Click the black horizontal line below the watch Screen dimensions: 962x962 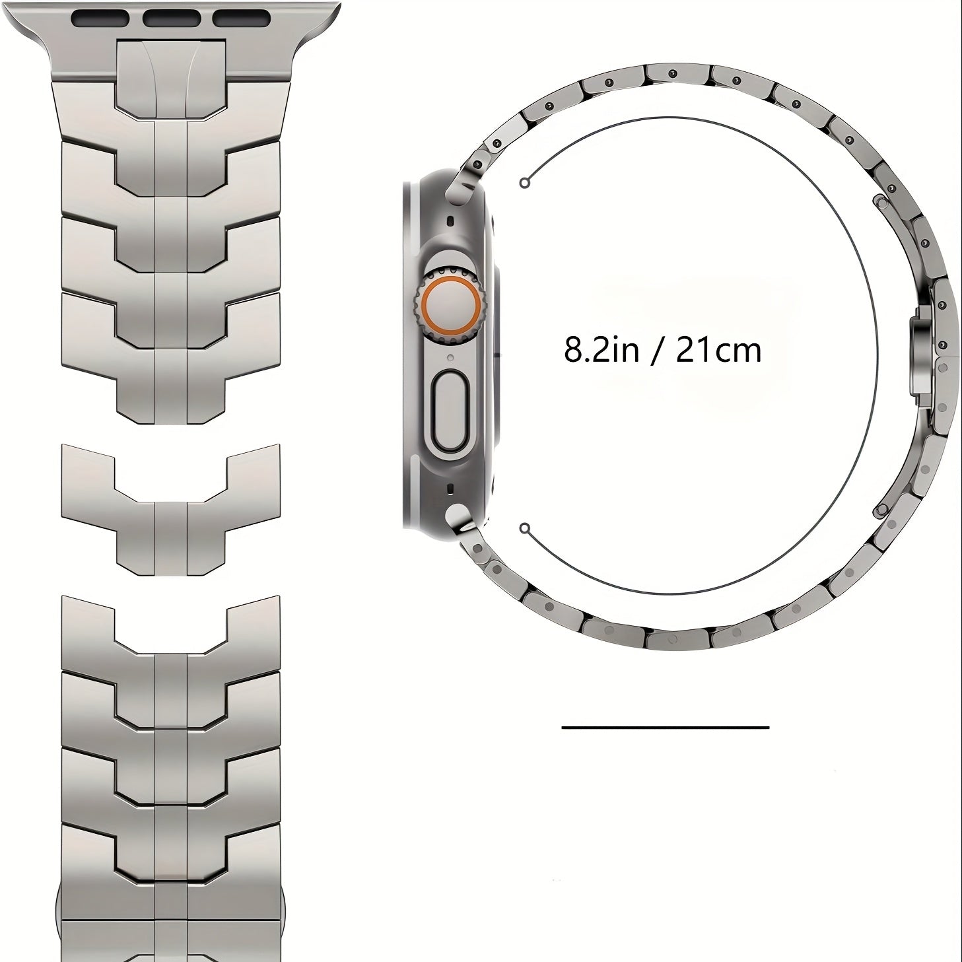click(x=665, y=727)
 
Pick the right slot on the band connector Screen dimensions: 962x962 click(x=241, y=18)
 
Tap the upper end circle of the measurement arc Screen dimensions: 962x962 click(x=524, y=184)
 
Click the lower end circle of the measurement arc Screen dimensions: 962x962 click(x=524, y=528)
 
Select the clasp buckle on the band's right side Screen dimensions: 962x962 click(x=922, y=357)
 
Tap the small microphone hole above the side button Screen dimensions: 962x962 click(x=449, y=358)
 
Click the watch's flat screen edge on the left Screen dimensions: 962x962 click(x=407, y=357)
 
